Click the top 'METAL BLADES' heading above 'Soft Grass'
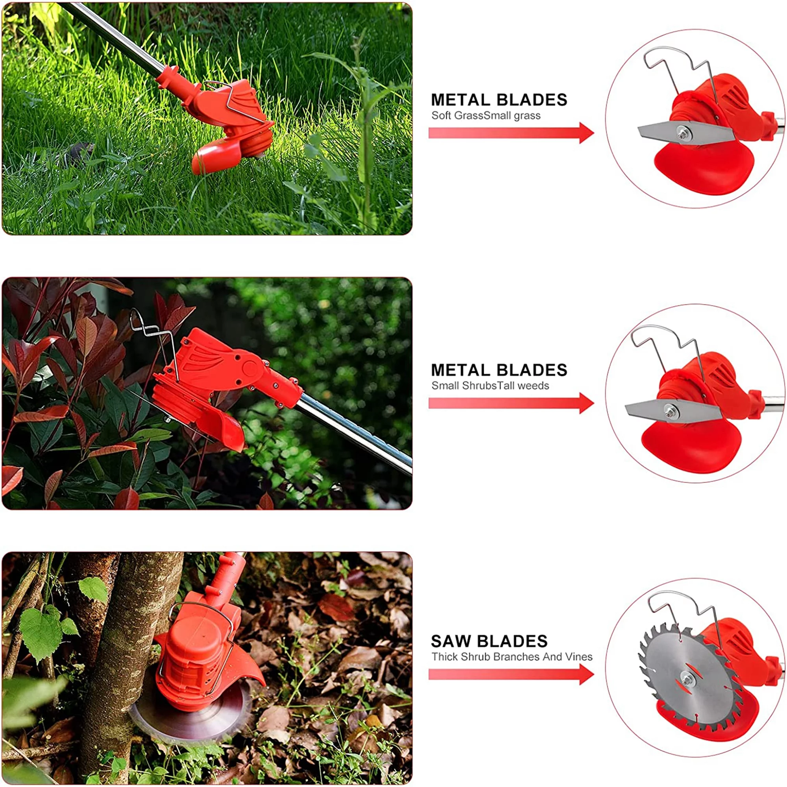pyautogui.click(x=499, y=100)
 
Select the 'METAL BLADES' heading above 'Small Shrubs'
pyautogui.click(x=499, y=370)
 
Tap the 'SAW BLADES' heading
pyautogui.click(x=489, y=641)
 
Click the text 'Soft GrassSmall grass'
pyautogui.click(x=486, y=116)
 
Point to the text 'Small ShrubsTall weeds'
pyautogui.click(x=490, y=385)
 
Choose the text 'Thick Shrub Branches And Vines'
pyautogui.click(x=512, y=657)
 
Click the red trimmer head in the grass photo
pyautogui.click(x=232, y=122)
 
